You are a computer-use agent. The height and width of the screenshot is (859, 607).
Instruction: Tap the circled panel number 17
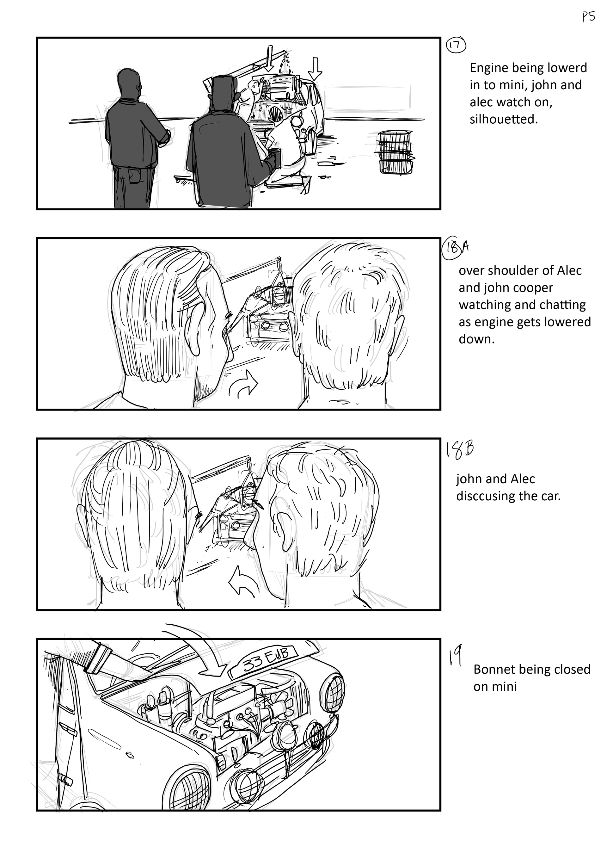[x=456, y=46]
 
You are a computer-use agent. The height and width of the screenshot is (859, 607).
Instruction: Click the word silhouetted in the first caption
[x=503, y=119]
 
